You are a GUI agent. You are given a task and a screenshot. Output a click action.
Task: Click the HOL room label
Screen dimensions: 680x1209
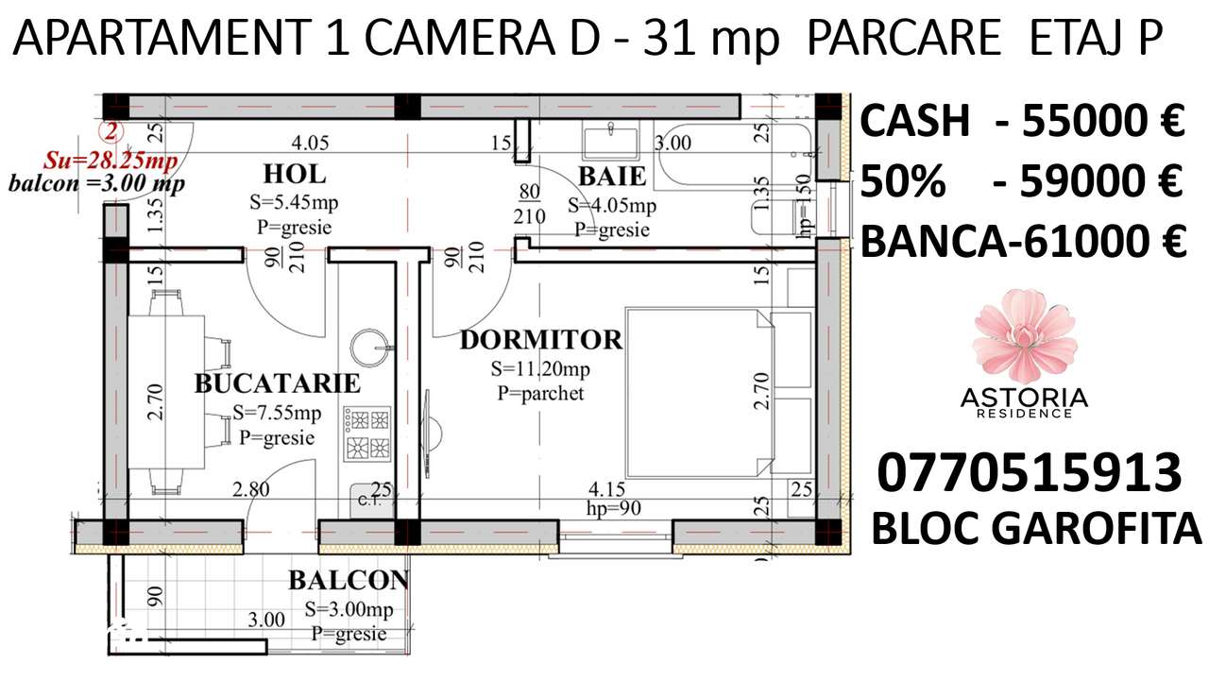[x=295, y=174]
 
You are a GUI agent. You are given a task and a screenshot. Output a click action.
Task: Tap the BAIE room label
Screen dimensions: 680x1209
[x=612, y=176]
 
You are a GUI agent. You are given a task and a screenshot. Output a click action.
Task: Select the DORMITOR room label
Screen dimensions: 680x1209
[x=540, y=340]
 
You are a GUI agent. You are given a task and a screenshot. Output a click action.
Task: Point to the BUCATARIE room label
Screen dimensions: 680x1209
[x=277, y=383]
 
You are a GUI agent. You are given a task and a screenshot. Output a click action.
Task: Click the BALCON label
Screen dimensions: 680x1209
[x=348, y=580]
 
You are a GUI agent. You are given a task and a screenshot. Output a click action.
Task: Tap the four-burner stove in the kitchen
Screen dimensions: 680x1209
[x=367, y=433]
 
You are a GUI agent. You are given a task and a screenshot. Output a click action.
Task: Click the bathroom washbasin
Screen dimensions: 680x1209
[x=611, y=142]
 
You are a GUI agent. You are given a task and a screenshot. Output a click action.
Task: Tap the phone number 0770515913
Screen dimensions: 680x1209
[x=1029, y=472]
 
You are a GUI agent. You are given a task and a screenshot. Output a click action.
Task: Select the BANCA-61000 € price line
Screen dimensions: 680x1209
[x=1023, y=242]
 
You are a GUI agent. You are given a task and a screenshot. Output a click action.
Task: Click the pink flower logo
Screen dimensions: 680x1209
[x=1025, y=335]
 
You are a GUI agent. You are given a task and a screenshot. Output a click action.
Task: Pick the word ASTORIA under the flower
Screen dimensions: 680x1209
[x=1025, y=399]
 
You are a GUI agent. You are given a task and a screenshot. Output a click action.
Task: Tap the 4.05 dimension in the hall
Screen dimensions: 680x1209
[x=310, y=144]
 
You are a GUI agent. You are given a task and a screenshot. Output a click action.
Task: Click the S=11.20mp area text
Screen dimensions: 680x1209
[x=540, y=368]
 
